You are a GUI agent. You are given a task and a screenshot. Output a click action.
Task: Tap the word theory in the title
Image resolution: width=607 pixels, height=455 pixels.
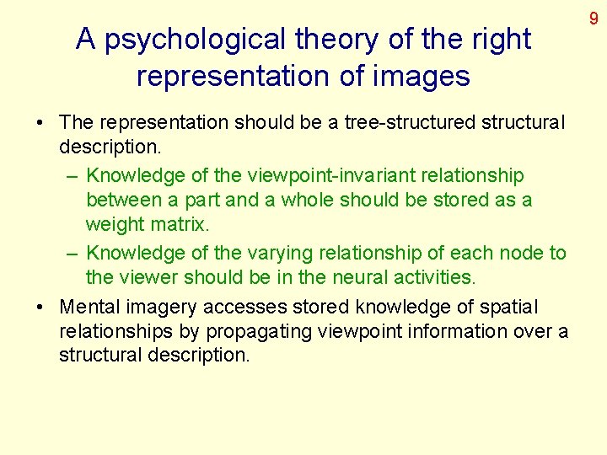(x=335, y=40)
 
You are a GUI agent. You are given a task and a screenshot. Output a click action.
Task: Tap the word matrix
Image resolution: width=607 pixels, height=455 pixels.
(x=180, y=224)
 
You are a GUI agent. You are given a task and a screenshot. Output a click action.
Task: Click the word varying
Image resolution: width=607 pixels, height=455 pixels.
(x=277, y=253)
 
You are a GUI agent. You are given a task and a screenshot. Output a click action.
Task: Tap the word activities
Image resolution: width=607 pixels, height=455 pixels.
(x=427, y=277)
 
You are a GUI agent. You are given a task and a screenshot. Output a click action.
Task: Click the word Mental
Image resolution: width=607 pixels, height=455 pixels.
(x=89, y=307)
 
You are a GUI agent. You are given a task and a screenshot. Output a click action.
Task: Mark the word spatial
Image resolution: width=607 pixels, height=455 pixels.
(x=508, y=307)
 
